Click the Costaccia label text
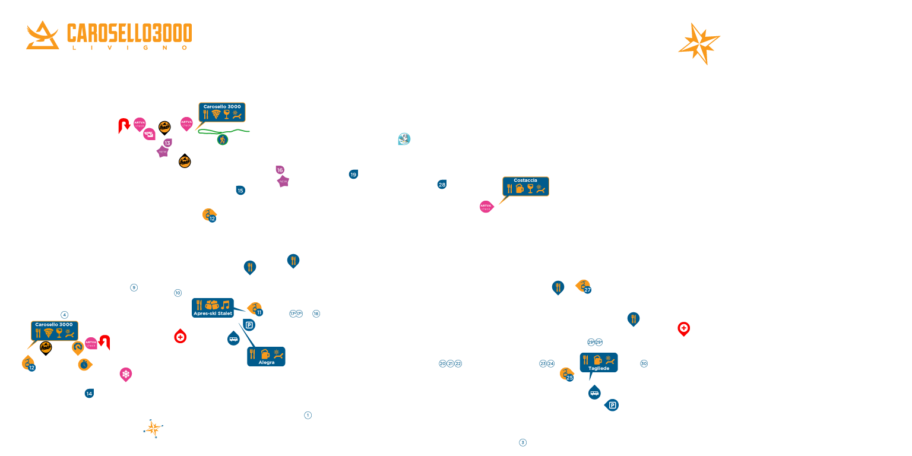[x=525, y=180]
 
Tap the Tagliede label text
[x=598, y=368]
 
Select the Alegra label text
[x=267, y=362]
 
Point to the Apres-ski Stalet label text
[x=213, y=313]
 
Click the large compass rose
[x=700, y=43]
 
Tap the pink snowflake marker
[x=126, y=374]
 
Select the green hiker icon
[x=223, y=140]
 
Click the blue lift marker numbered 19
[x=353, y=175]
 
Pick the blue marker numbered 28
[x=442, y=185]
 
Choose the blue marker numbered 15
[x=240, y=191]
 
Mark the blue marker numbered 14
[x=89, y=394]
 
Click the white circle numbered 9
[x=134, y=288]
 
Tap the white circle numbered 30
[x=644, y=363]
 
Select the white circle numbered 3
[x=522, y=442]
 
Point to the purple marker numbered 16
[x=280, y=170]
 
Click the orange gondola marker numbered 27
[x=584, y=287]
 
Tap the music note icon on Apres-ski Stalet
[x=225, y=305]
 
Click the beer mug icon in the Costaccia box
[x=520, y=189]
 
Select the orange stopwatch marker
[x=84, y=364]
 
